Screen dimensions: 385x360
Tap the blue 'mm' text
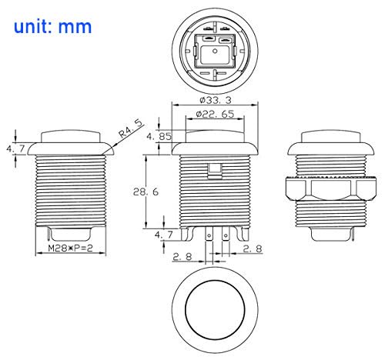pos(75,28)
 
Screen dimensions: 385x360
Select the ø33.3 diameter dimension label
pos(216,100)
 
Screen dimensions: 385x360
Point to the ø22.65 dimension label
pos(215,114)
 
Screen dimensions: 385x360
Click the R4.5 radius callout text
pos(130,129)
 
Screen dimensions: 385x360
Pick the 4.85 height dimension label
pos(159,136)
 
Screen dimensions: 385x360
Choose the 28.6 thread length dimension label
pos(146,192)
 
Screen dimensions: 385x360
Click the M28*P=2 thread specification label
pos(70,248)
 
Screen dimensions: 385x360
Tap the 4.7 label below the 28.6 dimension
pos(164,235)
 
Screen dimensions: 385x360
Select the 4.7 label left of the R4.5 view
pos(15,148)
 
